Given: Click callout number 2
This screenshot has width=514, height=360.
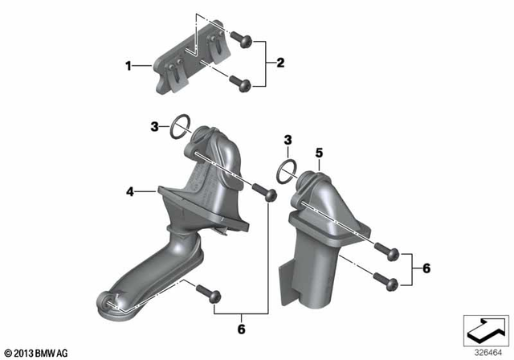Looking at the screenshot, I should point(279,62).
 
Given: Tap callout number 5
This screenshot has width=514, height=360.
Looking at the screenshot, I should point(318,151).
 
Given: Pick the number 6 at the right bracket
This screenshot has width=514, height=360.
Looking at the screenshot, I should point(426,268).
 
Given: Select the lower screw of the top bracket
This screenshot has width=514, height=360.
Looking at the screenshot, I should point(239,82).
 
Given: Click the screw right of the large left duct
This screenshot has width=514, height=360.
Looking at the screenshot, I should point(264,193).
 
